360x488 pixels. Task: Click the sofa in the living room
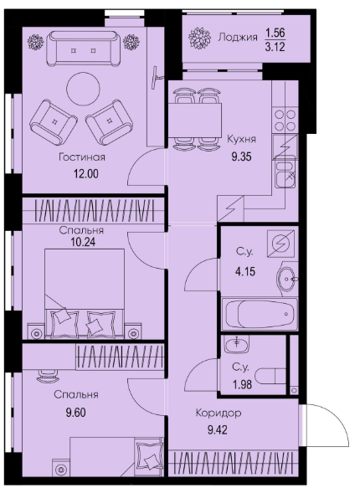pyautogui.click(x=83, y=49)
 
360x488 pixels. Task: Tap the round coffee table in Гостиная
pyautogui.click(x=84, y=89)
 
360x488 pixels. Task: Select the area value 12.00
pyautogui.click(x=86, y=173)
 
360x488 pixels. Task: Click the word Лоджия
pyautogui.click(x=238, y=38)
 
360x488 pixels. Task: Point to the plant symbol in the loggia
pyautogui.click(x=200, y=39)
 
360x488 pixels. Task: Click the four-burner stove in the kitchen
pyautogui.click(x=285, y=121)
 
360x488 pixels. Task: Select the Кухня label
pyautogui.click(x=241, y=139)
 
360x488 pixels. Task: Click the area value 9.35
pyautogui.click(x=241, y=157)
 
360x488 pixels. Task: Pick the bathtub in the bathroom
pyautogui.click(x=260, y=314)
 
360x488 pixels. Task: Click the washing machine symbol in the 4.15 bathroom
pyautogui.click(x=280, y=243)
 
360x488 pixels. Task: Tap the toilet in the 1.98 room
pyautogui.click(x=270, y=376)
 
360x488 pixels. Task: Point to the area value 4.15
pyautogui.click(x=244, y=271)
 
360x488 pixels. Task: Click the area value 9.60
pyautogui.click(x=75, y=413)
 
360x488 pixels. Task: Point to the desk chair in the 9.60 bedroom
pyautogui.click(x=48, y=375)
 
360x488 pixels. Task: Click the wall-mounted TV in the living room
pyautogui.click(x=157, y=78)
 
